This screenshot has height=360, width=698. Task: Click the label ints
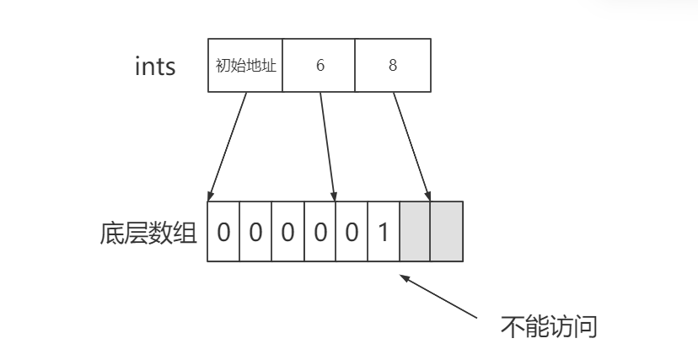(x=155, y=67)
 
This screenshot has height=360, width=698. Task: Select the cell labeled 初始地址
(x=245, y=66)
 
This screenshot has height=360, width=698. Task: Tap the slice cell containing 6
(x=319, y=66)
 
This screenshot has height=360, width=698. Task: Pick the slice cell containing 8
(x=393, y=66)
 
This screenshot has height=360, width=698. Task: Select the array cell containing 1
(x=384, y=232)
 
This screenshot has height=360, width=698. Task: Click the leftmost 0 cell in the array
(x=223, y=232)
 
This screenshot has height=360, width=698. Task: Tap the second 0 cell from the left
(x=255, y=232)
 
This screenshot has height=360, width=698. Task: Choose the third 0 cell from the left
(x=287, y=232)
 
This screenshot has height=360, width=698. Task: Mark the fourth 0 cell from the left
(x=319, y=232)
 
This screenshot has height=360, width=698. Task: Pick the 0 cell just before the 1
(x=352, y=232)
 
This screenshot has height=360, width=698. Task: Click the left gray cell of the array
(x=415, y=232)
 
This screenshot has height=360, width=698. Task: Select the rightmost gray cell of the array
(x=447, y=232)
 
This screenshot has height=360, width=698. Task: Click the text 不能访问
(x=549, y=326)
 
